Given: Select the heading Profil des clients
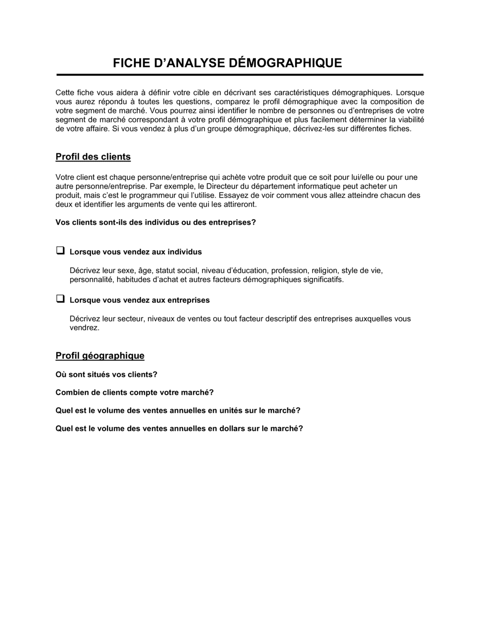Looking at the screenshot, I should point(93,157).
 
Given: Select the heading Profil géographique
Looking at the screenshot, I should point(100,356).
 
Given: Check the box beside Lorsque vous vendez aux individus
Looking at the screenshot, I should point(60,250).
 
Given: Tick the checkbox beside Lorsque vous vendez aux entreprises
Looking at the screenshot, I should point(60,298).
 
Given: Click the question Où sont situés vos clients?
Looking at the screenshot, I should point(107,374).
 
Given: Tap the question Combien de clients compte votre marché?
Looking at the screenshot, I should point(134,393).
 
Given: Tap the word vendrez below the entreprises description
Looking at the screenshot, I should point(84,328).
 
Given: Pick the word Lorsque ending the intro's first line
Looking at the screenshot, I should point(410,92).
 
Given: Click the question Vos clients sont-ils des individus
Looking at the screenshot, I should point(156,223).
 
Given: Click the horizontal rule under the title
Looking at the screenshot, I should point(240,75).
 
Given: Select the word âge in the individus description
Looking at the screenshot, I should point(144,271).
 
